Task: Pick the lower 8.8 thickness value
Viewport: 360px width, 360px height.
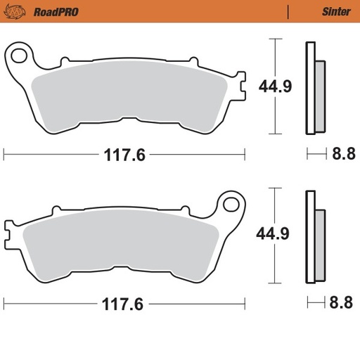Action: point(343,303)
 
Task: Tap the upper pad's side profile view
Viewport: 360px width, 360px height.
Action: point(313,88)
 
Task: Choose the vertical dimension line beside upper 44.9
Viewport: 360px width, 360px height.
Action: point(273,86)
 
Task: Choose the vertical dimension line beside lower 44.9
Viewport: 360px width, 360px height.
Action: point(273,234)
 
